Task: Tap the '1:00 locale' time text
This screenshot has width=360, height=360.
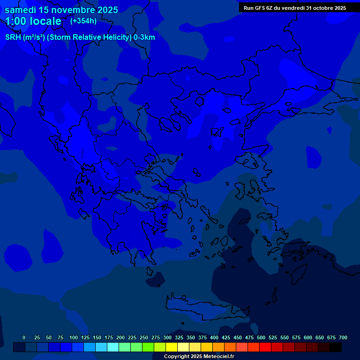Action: [33, 21]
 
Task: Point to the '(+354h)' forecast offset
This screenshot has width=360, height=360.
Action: [83, 21]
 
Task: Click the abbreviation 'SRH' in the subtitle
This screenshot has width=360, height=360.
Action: [13, 37]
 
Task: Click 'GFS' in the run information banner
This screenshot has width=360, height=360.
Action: [262, 8]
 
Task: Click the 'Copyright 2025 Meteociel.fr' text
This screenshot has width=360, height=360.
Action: [199, 356]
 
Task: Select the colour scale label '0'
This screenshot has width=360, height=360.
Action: [24, 337]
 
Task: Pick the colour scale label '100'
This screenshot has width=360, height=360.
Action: [74, 337]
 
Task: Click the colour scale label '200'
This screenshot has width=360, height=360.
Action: [120, 337]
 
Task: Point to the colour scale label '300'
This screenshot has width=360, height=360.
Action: [167, 337]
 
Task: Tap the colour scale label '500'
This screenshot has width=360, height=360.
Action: [261, 337]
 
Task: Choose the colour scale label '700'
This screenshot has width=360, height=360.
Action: [343, 337]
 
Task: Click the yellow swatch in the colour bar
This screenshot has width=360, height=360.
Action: [172, 347]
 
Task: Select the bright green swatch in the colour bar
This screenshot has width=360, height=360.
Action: [148, 347]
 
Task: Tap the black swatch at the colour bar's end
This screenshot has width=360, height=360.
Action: [336, 347]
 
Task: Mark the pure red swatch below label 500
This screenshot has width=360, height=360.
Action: [265, 347]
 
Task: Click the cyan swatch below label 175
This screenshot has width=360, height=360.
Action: [113, 347]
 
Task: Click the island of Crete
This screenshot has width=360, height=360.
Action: [206, 307]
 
